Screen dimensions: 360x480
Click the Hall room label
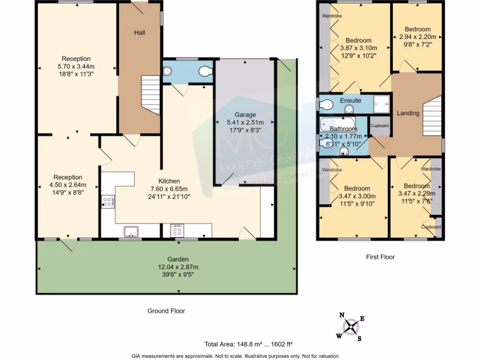139,33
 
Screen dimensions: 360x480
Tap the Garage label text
245,115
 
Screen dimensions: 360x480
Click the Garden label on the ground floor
178,259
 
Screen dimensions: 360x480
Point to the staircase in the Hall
150,94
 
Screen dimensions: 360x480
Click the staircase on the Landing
432,115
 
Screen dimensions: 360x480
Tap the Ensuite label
350,100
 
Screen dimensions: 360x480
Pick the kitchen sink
131,231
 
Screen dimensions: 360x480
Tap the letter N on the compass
342,315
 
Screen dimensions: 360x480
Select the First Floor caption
380,257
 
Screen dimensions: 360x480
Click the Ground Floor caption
166,311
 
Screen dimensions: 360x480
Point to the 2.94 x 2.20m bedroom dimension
417,37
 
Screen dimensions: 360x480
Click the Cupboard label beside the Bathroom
380,126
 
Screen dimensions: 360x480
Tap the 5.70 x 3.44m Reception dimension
76,67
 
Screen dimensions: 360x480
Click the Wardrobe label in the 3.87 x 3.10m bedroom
331,16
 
